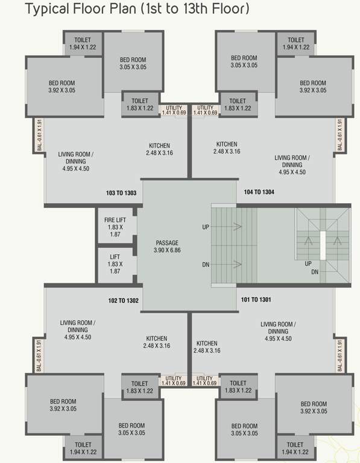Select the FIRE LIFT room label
tap(115, 220)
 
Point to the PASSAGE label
tap(167, 243)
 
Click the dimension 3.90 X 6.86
tap(167, 250)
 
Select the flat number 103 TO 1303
tap(121, 193)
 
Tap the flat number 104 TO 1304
tap(259, 192)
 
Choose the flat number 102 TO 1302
tap(123, 300)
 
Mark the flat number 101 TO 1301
tap(256, 299)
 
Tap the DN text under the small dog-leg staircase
tap(315, 272)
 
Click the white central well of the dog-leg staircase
tap(323, 245)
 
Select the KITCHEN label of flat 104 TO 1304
tap(227, 145)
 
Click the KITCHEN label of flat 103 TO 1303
tap(159, 146)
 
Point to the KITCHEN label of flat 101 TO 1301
tap(206, 343)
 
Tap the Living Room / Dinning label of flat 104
tap(292, 162)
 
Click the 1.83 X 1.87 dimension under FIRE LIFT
tap(115, 231)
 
